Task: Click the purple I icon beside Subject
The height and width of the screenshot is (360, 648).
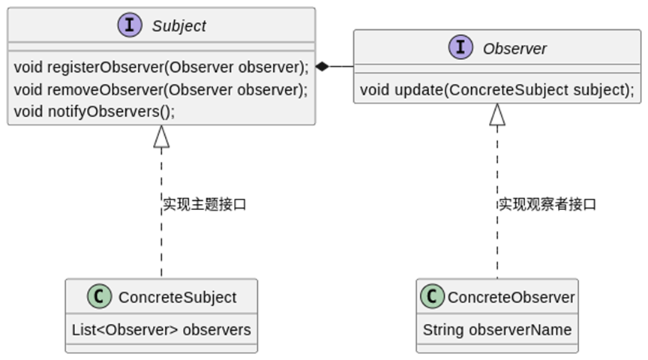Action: pos(130,25)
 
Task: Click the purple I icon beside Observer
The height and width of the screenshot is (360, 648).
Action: pos(460,48)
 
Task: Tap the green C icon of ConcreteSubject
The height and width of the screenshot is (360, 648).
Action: pos(99,297)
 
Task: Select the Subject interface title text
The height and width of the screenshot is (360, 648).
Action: pos(178,26)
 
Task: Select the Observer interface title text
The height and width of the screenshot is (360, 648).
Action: pos(514,49)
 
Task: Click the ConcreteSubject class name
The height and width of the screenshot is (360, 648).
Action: pos(177,298)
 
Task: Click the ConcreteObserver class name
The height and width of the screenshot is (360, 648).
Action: pos(511,298)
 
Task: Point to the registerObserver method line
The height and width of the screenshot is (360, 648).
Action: pos(161,67)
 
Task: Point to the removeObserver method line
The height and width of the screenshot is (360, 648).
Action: pos(161,90)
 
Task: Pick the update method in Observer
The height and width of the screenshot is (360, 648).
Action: pos(496,91)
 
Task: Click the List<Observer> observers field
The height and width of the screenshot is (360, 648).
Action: pos(161,329)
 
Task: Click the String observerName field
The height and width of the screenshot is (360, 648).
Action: pos(496,329)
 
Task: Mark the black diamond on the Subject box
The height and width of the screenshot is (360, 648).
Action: pos(322,67)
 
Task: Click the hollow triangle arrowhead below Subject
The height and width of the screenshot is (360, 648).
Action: pos(161,136)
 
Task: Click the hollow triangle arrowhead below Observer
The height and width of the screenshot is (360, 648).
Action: pos(497,114)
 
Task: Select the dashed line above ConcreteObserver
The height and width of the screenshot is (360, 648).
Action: pos(497,247)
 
